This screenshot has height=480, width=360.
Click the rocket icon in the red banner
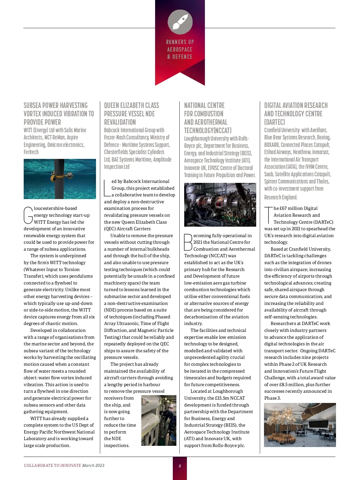pyautogui.click(x=180, y=22)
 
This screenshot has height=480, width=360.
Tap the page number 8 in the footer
pyautogui.click(x=180, y=466)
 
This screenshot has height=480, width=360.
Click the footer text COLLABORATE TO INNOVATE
pyautogui.click(x=52, y=466)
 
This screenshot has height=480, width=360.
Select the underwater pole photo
pyautogui.click(x=60, y=179)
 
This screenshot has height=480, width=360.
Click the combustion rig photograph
pyautogui.click(x=220, y=205)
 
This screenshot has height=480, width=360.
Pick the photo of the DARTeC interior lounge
pyautogui.click(x=300, y=425)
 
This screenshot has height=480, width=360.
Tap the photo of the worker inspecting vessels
pyautogui.click(x=159, y=420)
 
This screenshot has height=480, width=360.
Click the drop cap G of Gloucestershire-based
pyautogui.click(x=28, y=215)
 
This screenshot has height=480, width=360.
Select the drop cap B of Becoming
pyautogui.click(x=188, y=242)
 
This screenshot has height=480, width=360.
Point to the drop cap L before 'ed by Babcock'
pyautogui.click(x=107, y=188)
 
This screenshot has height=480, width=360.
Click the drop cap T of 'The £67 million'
pyautogui.click(x=268, y=215)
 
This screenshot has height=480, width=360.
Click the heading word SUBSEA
pyautogui.click(x=34, y=106)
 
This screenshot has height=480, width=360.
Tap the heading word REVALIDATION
pyautogui.click(x=120, y=122)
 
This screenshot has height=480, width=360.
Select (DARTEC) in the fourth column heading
pyautogui.click(x=274, y=122)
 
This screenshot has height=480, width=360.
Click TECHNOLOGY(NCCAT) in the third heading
pyautogui.click(x=208, y=131)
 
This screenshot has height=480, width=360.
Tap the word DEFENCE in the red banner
pyautogui.click(x=182, y=57)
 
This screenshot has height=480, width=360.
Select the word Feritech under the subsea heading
pyautogui.click(x=31, y=152)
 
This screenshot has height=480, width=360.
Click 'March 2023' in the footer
pyautogui.click(x=93, y=466)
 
